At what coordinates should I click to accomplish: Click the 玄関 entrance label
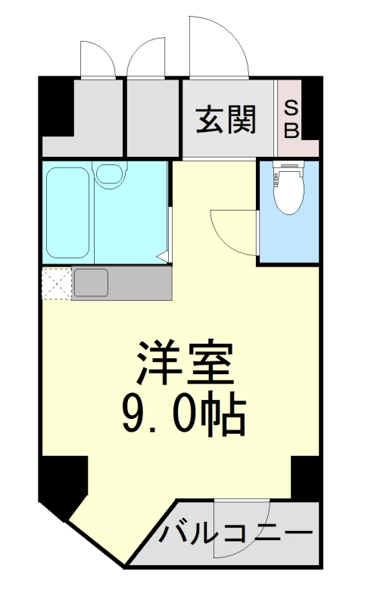pos(226,119)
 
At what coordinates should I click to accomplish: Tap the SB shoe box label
pos(291,119)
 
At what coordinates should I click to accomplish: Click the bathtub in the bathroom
pos(68,211)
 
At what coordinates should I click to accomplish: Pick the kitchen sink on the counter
pos(92,283)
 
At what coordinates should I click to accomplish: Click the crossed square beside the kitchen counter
pos(56,283)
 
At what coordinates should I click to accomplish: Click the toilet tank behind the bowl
pos(287,167)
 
